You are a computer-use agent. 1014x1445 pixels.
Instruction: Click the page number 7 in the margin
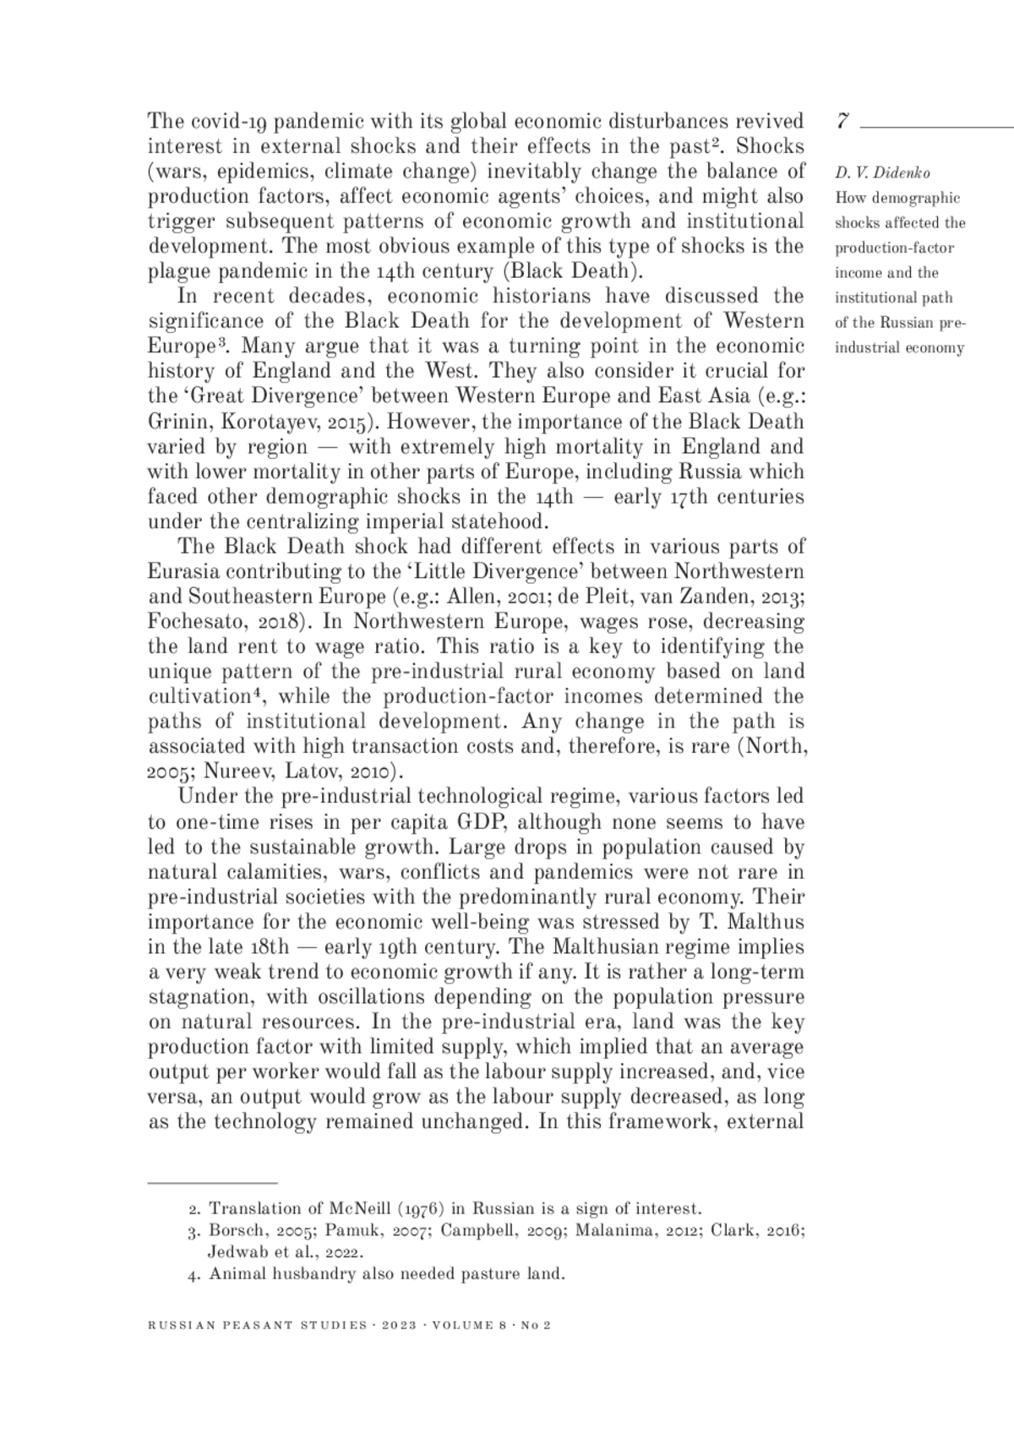coord(842,121)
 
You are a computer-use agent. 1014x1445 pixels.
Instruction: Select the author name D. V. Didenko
coord(882,173)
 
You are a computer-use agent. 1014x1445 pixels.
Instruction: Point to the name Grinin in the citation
coord(172,421)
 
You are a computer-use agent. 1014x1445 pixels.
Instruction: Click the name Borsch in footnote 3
coord(235,1230)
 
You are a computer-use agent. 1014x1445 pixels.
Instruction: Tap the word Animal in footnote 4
coord(237,1273)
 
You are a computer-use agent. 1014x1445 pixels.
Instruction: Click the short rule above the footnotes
coord(213,1181)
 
